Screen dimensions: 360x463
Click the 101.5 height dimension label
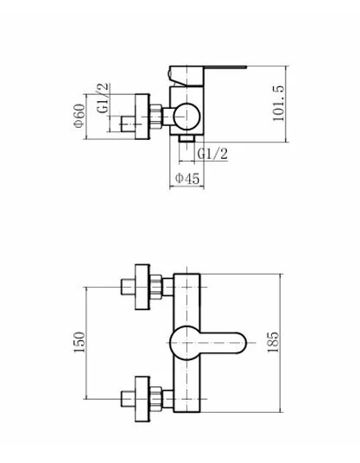tap(279, 104)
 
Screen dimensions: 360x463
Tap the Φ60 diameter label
tap(79, 116)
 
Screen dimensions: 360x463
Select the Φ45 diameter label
tap(187, 178)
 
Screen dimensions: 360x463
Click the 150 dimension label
tap(79, 342)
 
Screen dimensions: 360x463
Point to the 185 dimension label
tap(273, 342)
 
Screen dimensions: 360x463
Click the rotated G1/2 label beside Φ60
tap(103, 98)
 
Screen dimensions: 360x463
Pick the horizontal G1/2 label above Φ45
tap(212, 154)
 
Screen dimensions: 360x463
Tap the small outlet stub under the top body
tap(186, 138)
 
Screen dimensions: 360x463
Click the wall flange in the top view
tap(142, 117)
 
